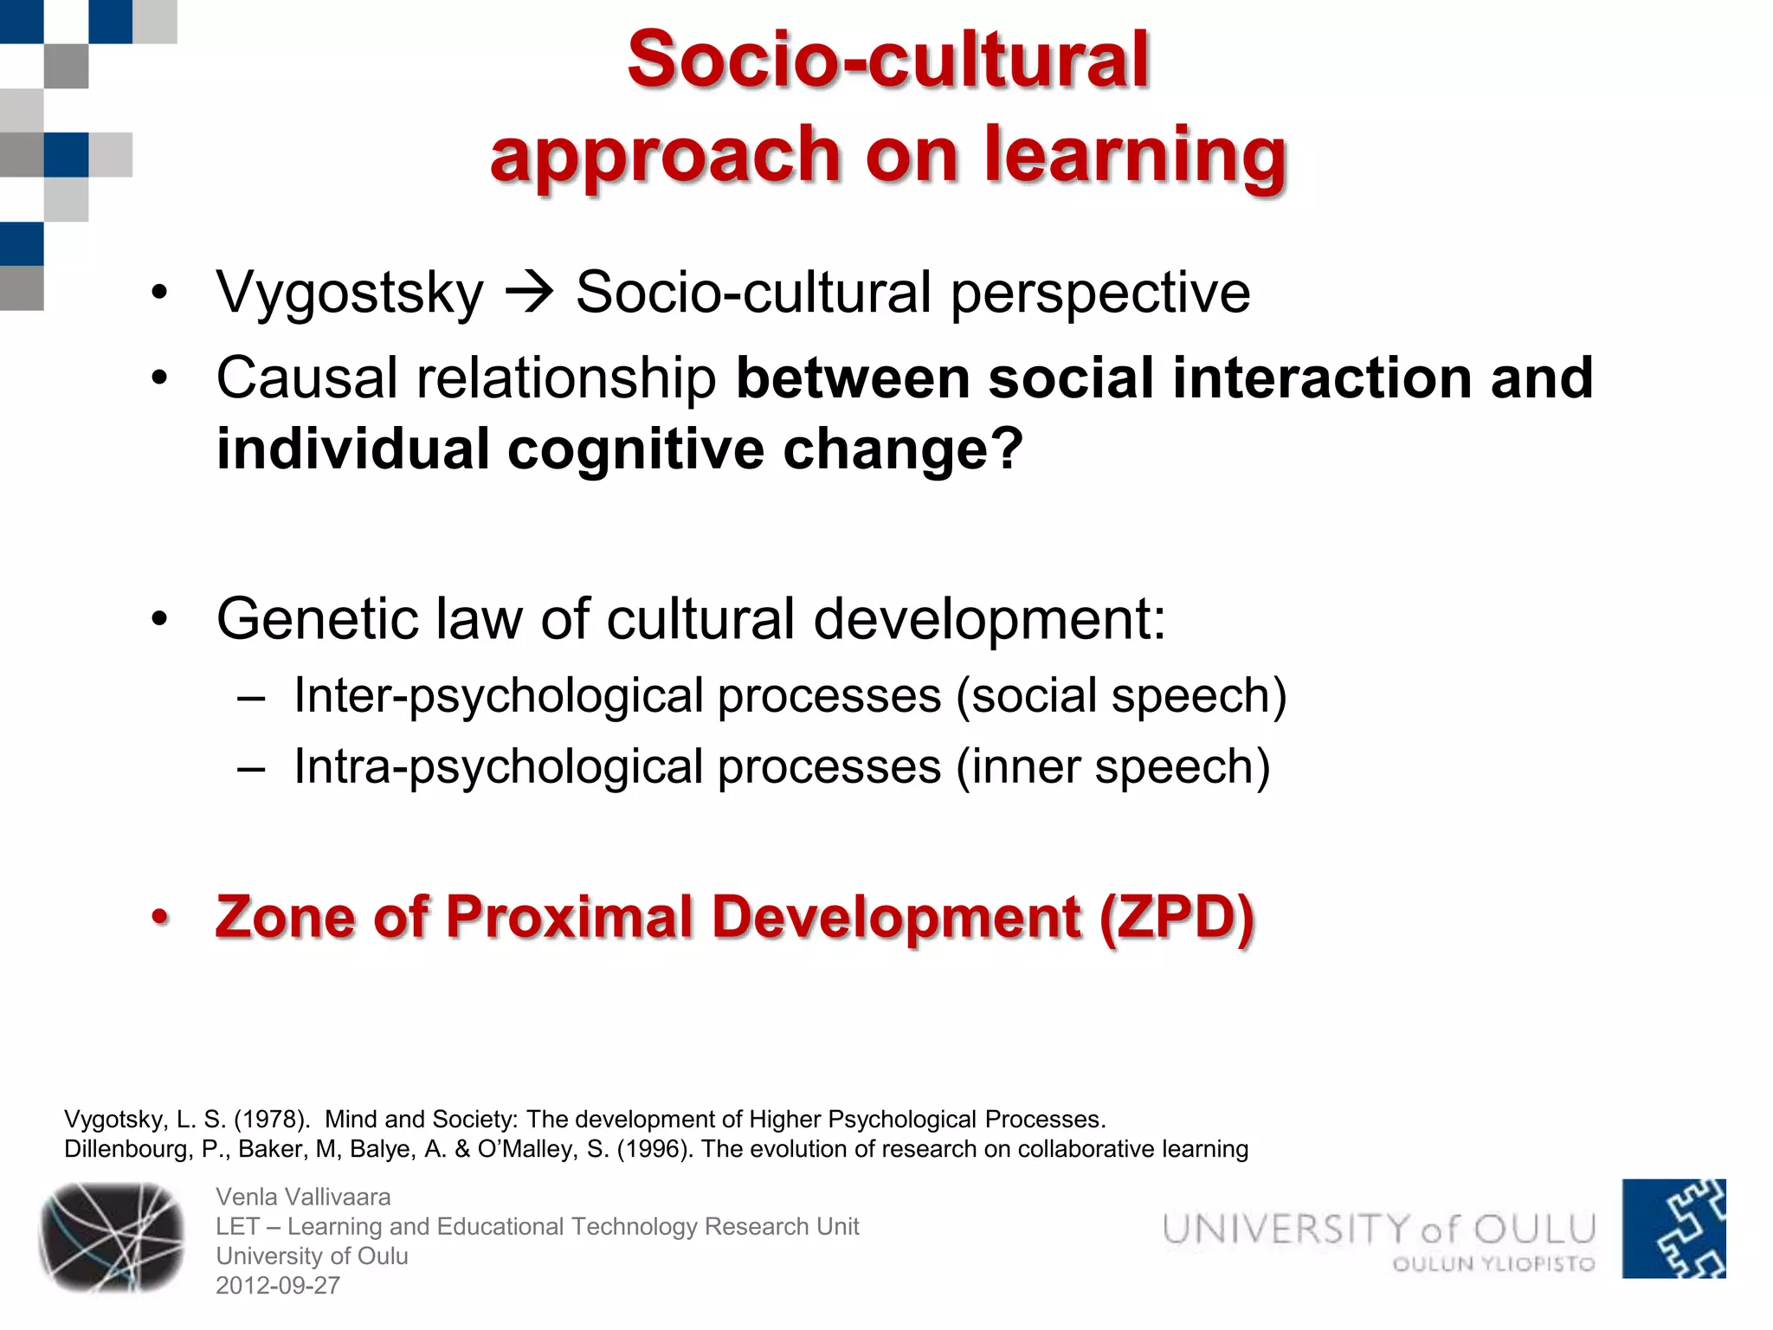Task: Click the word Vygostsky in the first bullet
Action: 350,293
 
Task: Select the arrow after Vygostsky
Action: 529,293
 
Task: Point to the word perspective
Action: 1100,293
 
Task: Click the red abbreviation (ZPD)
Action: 1177,917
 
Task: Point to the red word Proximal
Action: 570,917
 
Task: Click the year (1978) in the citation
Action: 272,1120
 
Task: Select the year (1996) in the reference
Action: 654,1149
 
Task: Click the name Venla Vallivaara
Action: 303,1197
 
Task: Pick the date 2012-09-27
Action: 278,1286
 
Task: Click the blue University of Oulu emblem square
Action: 1673,1229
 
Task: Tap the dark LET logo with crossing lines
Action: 112,1236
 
